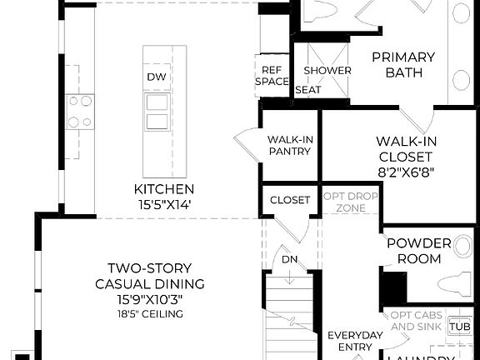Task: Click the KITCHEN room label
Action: (x=163, y=189)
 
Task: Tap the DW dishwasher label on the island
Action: (x=156, y=77)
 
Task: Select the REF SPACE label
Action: (x=272, y=76)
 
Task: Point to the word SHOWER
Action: (x=327, y=70)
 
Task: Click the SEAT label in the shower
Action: (x=307, y=89)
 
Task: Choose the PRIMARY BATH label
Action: (x=403, y=65)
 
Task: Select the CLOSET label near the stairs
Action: (x=289, y=200)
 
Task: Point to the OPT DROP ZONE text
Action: (x=351, y=201)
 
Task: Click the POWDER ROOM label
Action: (x=419, y=251)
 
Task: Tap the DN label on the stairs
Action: (x=289, y=259)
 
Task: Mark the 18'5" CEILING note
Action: (x=150, y=314)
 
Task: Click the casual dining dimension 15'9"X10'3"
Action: (x=150, y=298)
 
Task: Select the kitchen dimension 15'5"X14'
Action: (x=163, y=203)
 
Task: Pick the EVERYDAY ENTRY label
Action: (x=354, y=341)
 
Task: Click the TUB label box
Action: (x=459, y=327)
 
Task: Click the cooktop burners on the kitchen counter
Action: (x=80, y=112)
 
